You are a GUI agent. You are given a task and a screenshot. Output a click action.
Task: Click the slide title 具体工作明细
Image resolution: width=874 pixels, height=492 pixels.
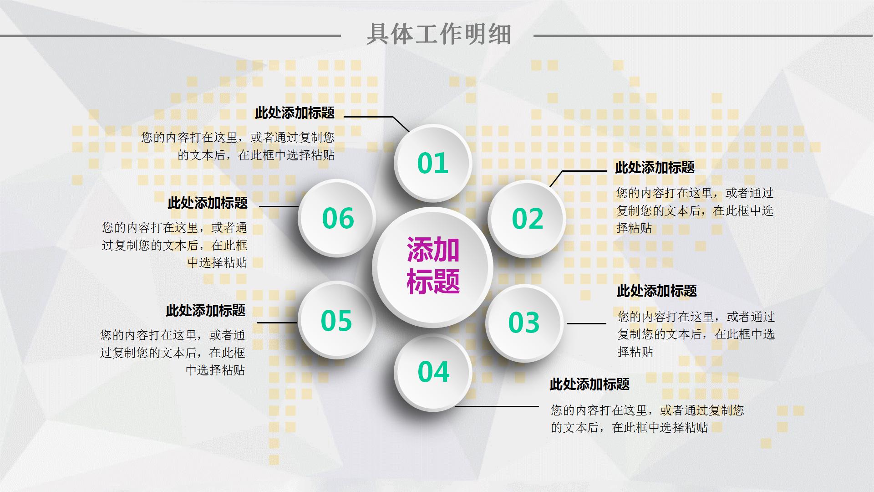pyautogui.click(x=439, y=34)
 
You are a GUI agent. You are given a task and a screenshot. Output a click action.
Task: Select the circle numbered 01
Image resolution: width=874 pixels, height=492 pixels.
pyautogui.click(x=432, y=163)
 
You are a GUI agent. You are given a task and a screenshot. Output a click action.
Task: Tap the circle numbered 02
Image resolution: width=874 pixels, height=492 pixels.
pyautogui.click(x=527, y=219)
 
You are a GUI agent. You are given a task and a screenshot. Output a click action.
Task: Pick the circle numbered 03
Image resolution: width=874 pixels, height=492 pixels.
pyautogui.click(x=523, y=323)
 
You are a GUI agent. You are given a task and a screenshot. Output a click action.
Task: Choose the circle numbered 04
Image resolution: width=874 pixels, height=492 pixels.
pyautogui.click(x=433, y=372)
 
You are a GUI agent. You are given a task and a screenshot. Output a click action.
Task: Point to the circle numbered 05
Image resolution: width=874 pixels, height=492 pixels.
pyautogui.click(x=336, y=320)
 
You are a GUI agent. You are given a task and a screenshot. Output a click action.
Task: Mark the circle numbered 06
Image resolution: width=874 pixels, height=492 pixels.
pyautogui.click(x=337, y=218)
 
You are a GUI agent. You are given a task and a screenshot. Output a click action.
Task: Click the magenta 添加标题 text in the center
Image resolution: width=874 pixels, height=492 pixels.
pyautogui.click(x=432, y=266)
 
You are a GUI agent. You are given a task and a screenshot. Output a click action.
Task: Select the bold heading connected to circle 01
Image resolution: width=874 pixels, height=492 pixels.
pyautogui.click(x=295, y=113)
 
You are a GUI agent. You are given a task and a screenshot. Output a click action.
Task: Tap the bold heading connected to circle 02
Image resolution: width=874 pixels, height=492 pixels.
pyautogui.click(x=655, y=167)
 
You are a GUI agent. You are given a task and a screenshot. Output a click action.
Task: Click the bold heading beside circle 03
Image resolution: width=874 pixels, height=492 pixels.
pyautogui.click(x=656, y=291)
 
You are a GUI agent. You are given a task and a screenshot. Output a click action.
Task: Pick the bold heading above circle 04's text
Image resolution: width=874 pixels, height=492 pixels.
pyautogui.click(x=589, y=384)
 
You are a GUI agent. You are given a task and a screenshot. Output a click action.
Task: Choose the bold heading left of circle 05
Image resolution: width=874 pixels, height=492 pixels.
pyautogui.click(x=205, y=310)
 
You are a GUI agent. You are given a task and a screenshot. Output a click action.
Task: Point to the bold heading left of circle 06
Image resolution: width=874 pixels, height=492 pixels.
pyautogui.click(x=207, y=203)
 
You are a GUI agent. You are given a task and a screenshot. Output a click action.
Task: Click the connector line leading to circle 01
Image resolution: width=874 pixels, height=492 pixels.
pyautogui.click(x=369, y=117)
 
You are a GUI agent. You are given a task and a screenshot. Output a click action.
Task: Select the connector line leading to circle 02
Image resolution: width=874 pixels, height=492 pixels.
pyautogui.click(x=585, y=171)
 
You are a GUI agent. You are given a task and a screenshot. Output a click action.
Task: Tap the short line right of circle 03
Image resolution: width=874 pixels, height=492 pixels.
pyautogui.click(x=586, y=323)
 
